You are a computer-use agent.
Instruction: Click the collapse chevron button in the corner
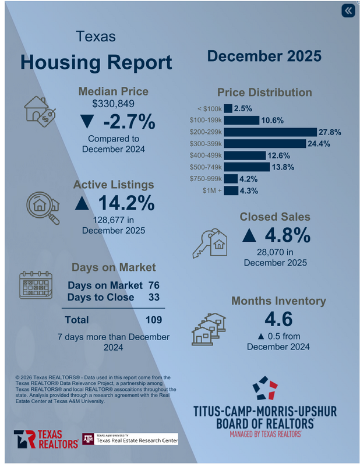(x=348, y=11)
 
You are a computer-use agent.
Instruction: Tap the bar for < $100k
(x=227, y=108)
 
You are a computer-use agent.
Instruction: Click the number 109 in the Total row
(x=153, y=320)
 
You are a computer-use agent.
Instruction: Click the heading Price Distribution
(x=264, y=92)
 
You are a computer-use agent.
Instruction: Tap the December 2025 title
(x=264, y=57)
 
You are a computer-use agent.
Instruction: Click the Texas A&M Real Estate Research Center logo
(x=130, y=439)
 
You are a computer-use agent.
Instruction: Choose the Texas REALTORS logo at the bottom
(x=46, y=439)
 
